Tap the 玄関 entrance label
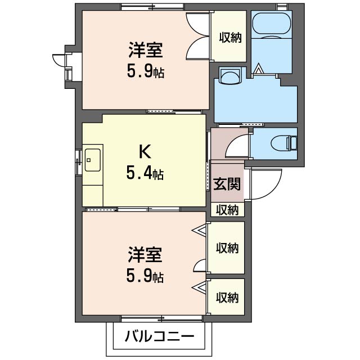[227, 184]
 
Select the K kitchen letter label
[144, 152]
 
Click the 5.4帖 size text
[145, 174]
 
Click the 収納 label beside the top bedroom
[229, 38]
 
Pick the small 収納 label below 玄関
[228, 210]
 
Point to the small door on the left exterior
[60, 63]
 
